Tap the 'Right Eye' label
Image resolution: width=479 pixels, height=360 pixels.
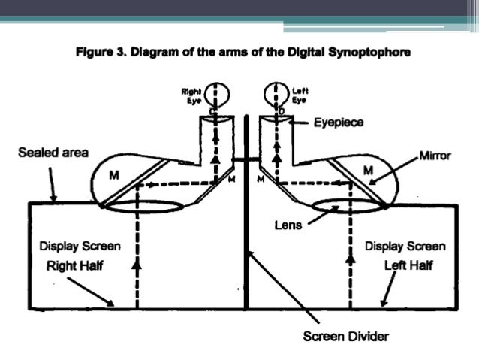[x=190, y=94]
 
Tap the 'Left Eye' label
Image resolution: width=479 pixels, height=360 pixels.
[x=299, y=94]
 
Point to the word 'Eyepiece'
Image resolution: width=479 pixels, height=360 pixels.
[x=339, y=122]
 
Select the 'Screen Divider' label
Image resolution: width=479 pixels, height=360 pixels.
[x=345, y=336]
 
